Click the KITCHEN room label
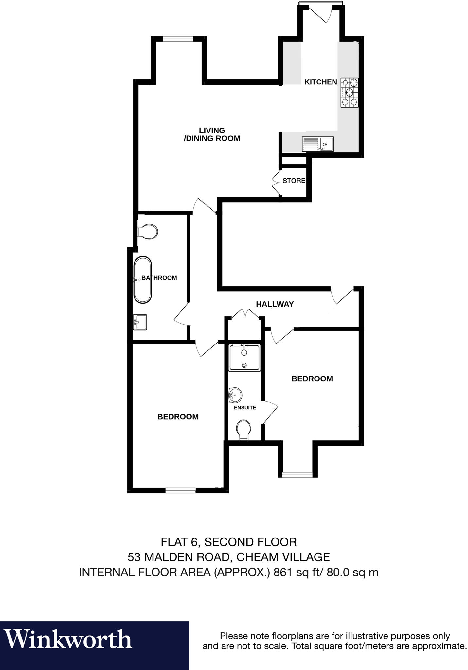[x=320, y=82]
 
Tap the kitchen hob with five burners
[x=349, y=93]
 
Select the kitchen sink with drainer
[x=317, y=144]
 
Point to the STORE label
[x=294, y=181]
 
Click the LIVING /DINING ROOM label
[x=212, y=134]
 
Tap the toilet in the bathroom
[x=148, y=232]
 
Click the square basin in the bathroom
[x=140, y=322]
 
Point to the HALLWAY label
[x=275, y=304]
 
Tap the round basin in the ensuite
[x=235, y=395]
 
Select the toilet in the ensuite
[x=243, y=430]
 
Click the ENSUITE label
[x=245, y=408]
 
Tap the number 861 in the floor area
[x=282, y=572]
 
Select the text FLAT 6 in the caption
[x=180, y=542]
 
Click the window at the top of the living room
[x=178, y=39]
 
